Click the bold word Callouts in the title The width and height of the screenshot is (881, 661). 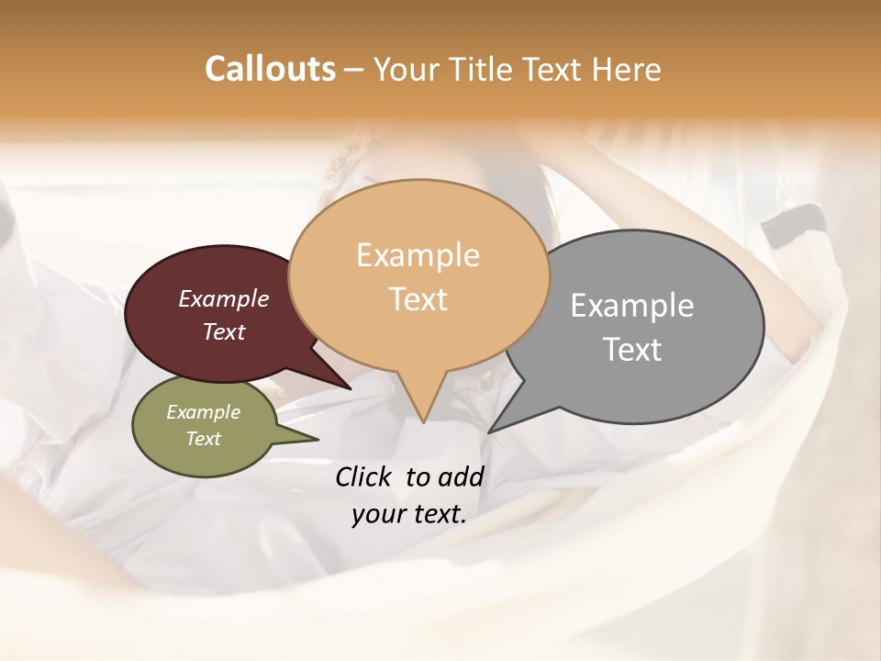(270, 69)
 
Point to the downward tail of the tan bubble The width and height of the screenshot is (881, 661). (422, 404)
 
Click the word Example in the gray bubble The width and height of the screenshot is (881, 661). (632, 306)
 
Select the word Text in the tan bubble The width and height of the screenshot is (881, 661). (418, 299)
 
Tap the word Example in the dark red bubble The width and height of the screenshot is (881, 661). (224, 299)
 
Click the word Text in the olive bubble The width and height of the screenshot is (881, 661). (204, 439)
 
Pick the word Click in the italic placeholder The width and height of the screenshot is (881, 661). (365, 476)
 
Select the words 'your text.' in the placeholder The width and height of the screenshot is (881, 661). (409, 514)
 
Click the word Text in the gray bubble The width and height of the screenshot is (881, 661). (632, 350)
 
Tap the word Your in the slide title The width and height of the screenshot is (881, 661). (409, 70)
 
